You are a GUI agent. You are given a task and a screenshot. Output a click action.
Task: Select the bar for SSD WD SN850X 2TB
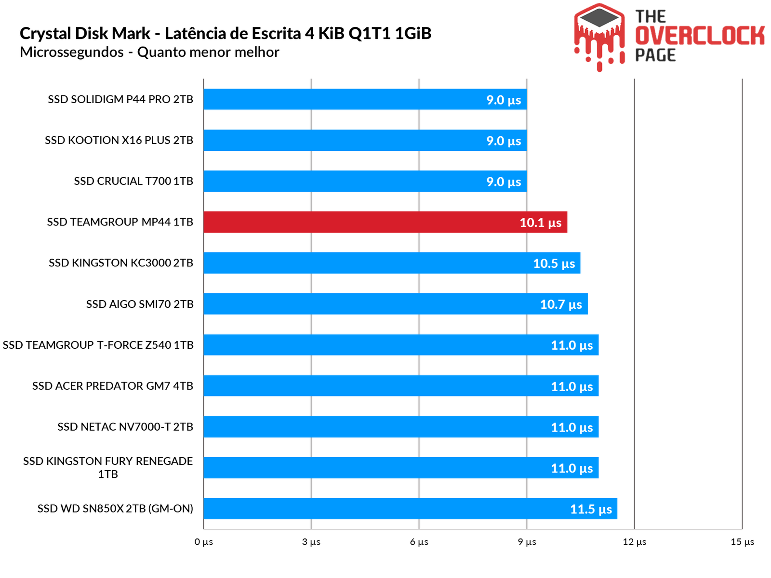[x=410, y=509]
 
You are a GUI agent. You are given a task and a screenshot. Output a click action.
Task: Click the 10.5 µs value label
[x=554, y=263]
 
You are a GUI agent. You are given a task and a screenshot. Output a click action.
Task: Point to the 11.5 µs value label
[x=591, y=509]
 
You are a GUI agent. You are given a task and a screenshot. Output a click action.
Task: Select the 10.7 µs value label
[x=561, y=304]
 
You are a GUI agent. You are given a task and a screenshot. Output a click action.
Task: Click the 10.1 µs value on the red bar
[x=540, y=223]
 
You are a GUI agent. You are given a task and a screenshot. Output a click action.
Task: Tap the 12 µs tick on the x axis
[x=634, y=542]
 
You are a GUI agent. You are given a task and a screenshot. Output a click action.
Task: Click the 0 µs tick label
[x=203, y=542]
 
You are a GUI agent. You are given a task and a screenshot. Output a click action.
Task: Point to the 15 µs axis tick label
[x=742, y=542]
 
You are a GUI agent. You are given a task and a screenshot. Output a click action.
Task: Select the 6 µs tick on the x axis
[x=419, y=542]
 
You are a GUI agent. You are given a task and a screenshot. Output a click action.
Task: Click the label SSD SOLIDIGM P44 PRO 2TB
[x=120, y=99]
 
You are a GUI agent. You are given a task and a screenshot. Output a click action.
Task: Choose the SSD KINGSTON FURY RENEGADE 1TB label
[x=108, y=467]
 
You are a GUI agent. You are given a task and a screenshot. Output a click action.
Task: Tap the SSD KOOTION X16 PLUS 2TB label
[x=119, y=140]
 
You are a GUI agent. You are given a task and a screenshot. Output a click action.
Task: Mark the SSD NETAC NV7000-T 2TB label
[x=125, y=427]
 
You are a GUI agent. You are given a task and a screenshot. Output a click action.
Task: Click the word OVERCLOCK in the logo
[x=700, y=36]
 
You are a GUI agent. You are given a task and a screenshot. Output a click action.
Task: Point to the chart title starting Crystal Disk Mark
[x=225, y=33]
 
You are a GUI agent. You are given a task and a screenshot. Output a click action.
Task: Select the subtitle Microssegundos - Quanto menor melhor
[x=149, y=52]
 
